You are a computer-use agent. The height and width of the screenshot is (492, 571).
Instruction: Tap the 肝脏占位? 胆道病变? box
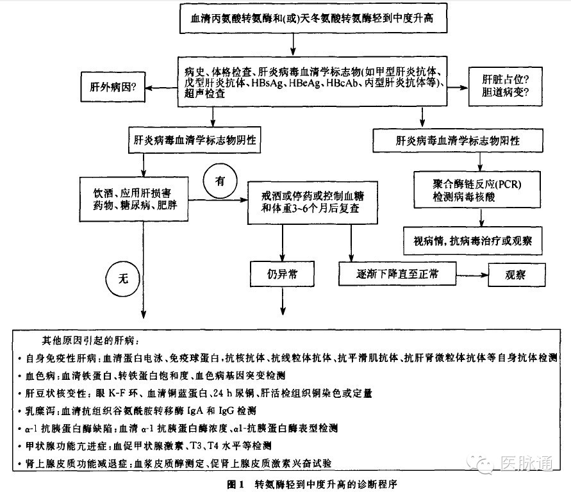506,86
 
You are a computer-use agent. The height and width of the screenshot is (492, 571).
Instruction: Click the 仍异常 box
282,274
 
